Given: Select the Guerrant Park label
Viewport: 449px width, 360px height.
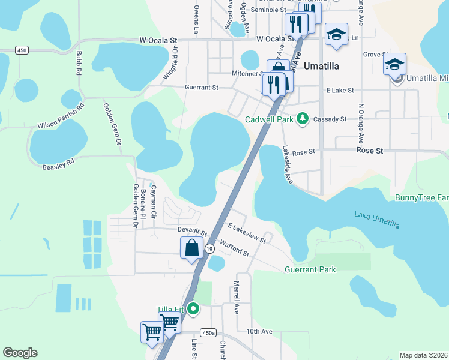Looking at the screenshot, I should (310, 270).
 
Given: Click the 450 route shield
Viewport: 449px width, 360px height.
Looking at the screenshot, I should (22, 50).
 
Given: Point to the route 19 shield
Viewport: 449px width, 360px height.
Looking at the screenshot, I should (209, 248).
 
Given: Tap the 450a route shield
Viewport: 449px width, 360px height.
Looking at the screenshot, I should (208, 333).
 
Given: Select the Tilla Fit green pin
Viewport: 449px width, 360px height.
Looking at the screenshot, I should (193, 309).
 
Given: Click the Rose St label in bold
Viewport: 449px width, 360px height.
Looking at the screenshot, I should (370, 151).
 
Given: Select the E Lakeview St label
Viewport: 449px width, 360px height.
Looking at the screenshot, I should (247, 232).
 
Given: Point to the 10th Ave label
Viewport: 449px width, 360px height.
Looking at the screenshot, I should (259, 331).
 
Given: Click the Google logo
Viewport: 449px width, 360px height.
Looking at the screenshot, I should (20, 353).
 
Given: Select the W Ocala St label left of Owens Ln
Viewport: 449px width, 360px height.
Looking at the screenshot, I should (158, 39).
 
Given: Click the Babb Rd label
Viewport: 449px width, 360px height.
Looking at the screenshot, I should (79, 62).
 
